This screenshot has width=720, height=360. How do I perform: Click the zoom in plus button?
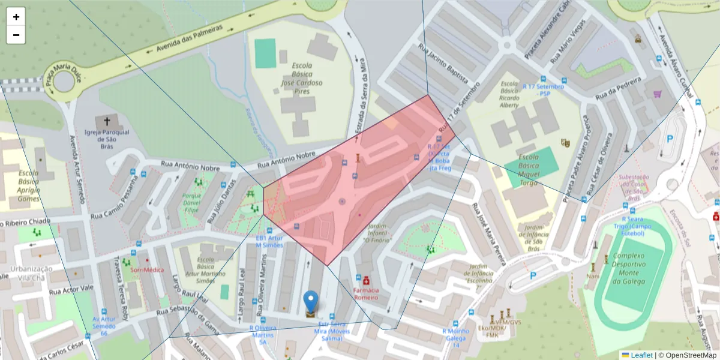pos(16,17)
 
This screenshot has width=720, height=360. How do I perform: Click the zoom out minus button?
pos(16,35)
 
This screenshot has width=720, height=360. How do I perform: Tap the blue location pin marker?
pos(311,301)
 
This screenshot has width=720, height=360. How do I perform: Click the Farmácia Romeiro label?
pos(366,293)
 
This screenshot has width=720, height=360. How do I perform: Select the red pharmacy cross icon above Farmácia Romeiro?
pos(366,280)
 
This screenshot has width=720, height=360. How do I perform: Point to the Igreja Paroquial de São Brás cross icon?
pos(107,121)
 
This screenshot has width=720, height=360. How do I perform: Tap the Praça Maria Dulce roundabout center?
pos(64,80)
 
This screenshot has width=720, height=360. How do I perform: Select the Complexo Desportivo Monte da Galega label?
pos(629,268)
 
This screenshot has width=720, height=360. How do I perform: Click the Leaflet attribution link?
pos(641,355)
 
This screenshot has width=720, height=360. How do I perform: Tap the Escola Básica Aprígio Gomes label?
pos(28,186)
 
